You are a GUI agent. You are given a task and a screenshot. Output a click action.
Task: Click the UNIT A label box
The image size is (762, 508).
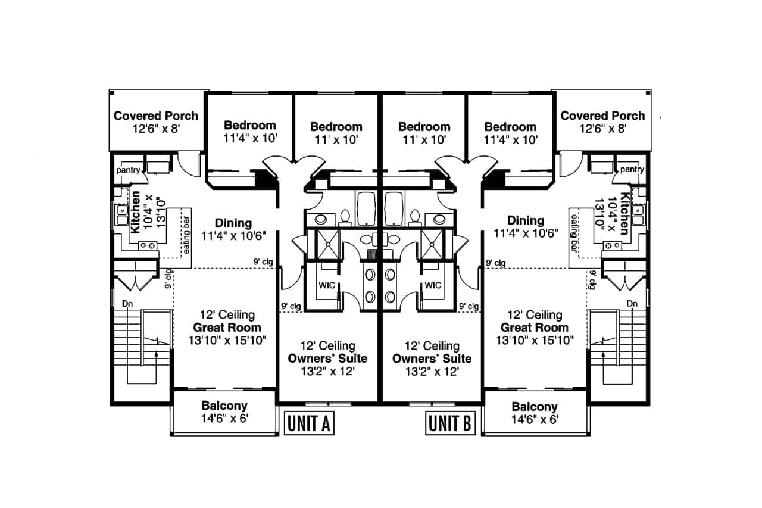(309, 423)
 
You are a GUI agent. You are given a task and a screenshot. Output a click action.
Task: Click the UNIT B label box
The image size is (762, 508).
(450, 423)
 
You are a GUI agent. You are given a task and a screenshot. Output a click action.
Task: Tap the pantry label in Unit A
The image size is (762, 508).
(128, 170)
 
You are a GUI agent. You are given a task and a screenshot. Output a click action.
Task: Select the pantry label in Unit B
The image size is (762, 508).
(632, 170)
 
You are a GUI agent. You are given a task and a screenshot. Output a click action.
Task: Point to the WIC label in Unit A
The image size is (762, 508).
(327, 285)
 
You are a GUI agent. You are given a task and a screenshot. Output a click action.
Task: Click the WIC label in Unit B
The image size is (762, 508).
(433, 285)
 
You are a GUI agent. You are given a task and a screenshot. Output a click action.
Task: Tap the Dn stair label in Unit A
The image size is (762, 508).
(127, 304)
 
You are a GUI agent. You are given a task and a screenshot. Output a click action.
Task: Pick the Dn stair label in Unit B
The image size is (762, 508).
(632, 304)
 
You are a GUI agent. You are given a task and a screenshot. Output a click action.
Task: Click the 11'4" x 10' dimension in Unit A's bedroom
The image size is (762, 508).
(251, 139)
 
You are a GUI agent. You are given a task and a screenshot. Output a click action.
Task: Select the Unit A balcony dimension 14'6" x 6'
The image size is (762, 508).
(224, 419)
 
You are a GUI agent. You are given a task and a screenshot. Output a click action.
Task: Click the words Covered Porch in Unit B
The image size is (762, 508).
(602, 116)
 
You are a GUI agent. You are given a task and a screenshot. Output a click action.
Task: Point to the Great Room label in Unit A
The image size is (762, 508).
(227, 328)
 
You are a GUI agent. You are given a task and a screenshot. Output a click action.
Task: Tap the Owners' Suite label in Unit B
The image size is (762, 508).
(432, 359)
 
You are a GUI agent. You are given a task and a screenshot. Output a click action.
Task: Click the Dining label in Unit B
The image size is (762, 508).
(526, 220)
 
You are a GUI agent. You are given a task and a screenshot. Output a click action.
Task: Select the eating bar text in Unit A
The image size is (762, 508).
(186, 235)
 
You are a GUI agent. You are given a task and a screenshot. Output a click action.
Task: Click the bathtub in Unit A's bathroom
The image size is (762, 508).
(366, 208)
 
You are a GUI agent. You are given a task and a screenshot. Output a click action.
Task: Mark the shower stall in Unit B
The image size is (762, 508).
(432, 244)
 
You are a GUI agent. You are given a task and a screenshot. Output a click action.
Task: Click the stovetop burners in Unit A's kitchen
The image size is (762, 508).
(148, 245)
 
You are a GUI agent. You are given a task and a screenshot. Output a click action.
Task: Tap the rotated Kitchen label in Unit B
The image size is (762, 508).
(624, 214)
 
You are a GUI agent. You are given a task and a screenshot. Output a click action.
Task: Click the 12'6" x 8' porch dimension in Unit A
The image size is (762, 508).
(156, 129)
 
